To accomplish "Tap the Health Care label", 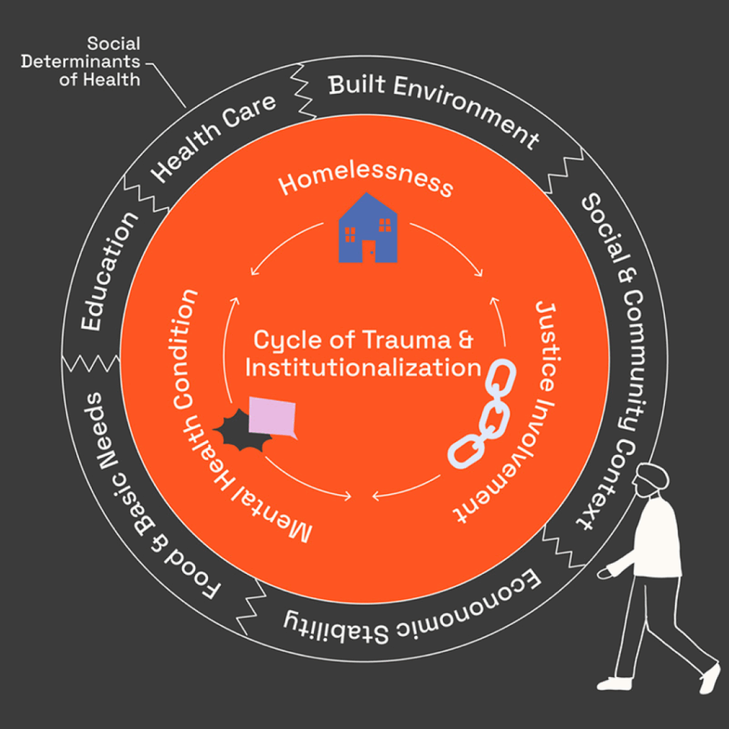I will click(214, 137).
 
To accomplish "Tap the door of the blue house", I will click(368, 251).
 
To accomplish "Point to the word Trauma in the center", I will click(397, 340).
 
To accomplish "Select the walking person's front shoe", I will click(614, 683).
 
